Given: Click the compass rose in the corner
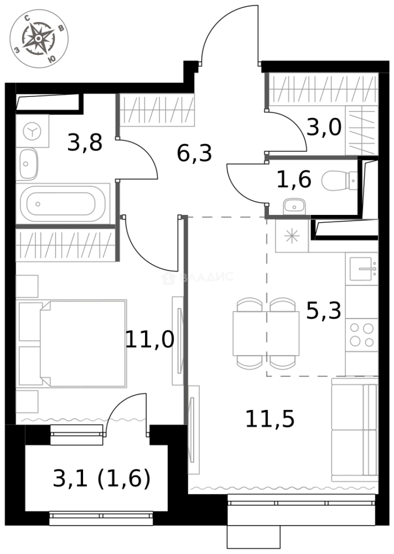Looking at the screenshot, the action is pos(39,38).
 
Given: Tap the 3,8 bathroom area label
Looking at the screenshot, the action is pos(85,143).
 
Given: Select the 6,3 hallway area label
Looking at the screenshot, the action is pos(194,153).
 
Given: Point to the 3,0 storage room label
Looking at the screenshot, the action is pos(324,127).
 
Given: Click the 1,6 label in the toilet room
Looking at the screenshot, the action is pos(294,180).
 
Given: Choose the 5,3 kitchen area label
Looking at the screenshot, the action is pos(323,311).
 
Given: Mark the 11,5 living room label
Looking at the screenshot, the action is pos(269,419).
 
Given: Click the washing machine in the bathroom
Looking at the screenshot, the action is pos(32,131).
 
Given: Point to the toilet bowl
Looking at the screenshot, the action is pos(339,180).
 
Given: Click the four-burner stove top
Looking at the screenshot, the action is pos(362,334).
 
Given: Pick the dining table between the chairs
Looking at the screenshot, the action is pos(266,333).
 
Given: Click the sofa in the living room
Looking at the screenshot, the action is pos(355,429).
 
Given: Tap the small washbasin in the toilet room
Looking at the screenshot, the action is pos(294,206).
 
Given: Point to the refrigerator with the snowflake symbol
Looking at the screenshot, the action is pos(292,236).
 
